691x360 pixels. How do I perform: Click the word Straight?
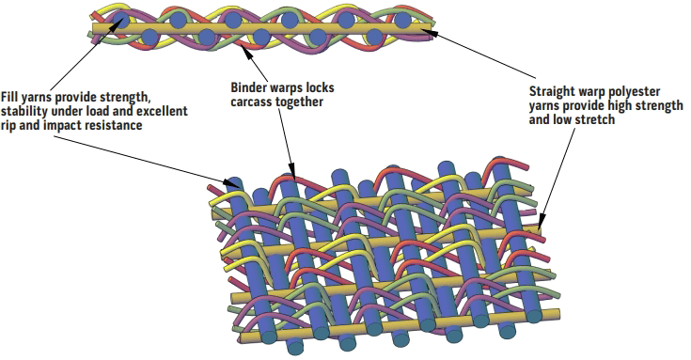point(554,92)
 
